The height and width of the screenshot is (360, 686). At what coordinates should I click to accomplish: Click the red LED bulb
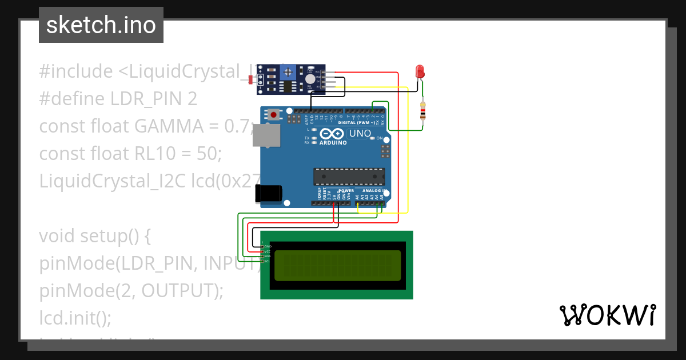pyautogui.click(x=420, y=71)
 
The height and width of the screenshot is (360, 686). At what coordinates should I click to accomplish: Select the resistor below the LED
pyautogui.click(x=422, y=111)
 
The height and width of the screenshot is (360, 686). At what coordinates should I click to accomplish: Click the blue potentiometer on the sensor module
pyautogui.click(x=289, y=72)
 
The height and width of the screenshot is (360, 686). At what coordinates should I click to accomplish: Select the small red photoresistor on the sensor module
pyautogui.click(x=252, y=79)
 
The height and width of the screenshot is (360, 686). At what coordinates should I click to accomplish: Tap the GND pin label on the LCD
pyautogui.click(x=267, y=246)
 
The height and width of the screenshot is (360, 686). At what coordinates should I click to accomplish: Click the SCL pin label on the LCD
pyautogui.click(x=267, y=261)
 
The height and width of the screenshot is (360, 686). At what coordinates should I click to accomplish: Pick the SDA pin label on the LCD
pyautogui.click(x=267, y=256)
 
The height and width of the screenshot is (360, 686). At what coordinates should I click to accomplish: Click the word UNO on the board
pyautogui.click(x=360, y=134)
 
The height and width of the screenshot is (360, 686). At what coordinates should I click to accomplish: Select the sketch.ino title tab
pyautogui.click(x=101, y=25)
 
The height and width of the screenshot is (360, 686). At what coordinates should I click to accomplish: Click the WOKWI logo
pyautogui.click(x=607, y=315)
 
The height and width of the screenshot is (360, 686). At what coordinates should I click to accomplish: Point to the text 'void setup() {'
pyautogui.click(x=95, y=235)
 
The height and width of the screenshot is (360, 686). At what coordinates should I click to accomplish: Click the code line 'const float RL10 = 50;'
pyautogui.click(x=130, y=153)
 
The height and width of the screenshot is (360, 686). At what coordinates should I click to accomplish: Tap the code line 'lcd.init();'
pyautogui.click(x=75, y=318)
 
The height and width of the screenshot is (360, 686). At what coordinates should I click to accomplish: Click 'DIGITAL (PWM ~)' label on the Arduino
pyautogui.click(x=357, y=122)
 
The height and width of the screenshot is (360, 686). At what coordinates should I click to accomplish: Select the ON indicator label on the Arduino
pyautogui.click(x=379, y=138)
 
